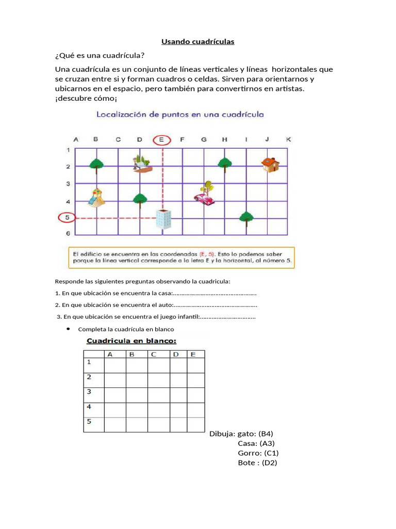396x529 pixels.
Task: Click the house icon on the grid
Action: point(270,164)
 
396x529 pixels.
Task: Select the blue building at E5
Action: point(163,219)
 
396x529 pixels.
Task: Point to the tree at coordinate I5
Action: point(246,217)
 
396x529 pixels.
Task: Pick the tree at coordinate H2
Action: point(224,164)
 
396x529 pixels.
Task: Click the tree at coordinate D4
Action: point(139,199)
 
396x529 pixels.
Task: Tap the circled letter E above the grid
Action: point(161,139)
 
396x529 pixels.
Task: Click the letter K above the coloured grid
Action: point(288,139)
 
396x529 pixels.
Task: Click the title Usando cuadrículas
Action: point(198,42)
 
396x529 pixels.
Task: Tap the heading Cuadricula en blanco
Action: point(131,341)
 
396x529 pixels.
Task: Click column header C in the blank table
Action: point(154,354)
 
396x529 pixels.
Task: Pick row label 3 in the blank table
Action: point(88,392)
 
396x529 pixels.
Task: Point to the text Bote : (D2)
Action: point(257,463)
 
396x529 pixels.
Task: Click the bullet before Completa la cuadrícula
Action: point(69,329)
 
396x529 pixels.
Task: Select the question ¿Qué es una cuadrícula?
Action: point(100,56)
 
